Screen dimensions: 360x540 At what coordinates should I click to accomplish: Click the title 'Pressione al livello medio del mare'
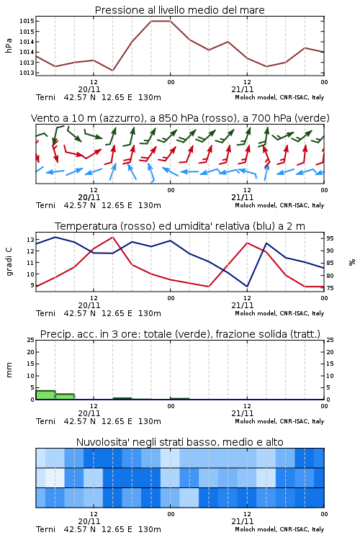click(179, 10)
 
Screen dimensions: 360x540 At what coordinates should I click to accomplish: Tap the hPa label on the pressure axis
click(9, 45)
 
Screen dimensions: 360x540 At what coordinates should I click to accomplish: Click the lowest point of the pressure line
click(112, 71)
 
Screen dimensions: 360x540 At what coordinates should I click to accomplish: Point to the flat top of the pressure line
click(161, 21)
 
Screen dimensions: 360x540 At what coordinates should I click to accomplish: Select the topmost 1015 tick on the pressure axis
click(27, 21)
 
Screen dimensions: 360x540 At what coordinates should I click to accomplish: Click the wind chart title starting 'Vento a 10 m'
click(180, 118)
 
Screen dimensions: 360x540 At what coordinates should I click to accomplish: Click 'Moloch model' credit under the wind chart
click(256, 205)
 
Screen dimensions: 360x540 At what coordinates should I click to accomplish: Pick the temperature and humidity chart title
click(180, 226)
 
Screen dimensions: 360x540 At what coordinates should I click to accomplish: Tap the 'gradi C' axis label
click(9, 262)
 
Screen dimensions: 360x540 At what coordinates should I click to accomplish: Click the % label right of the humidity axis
click(352, 262)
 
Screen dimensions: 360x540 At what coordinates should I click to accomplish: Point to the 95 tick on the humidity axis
click(330, 238)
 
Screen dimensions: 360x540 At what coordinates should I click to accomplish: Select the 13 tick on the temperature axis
click(30, 240)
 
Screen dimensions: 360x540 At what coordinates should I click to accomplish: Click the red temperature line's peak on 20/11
click(112, 237)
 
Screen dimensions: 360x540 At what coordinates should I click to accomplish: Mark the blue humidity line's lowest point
click(247, 286)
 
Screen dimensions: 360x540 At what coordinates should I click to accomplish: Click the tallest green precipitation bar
click(45, 395)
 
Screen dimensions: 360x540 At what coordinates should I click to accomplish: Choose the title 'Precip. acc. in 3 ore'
click(180, 334)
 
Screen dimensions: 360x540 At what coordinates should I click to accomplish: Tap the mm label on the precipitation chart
click(9, 370)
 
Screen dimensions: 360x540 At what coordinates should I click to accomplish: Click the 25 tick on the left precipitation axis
click(31, 340)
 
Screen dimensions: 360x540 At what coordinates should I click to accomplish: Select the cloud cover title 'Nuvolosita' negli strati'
click(179, 442)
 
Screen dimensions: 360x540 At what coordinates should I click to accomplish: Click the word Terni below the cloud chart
click(45, 529)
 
